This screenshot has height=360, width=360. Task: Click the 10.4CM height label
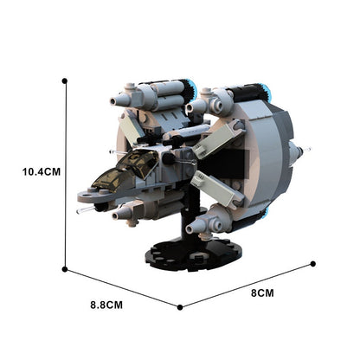tap(42, 172)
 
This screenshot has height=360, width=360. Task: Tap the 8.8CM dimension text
tap(106, 305)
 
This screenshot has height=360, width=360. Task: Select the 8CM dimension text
tap(262, 293)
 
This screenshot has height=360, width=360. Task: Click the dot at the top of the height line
tap(65, 81)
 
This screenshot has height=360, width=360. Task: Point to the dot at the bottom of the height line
tap(65, 269)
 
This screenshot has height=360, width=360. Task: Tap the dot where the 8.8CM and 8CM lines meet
tap(180, 307)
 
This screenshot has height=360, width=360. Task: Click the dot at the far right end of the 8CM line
tap(313, 264)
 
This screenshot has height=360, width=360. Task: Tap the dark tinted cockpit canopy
tap(127, 170)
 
